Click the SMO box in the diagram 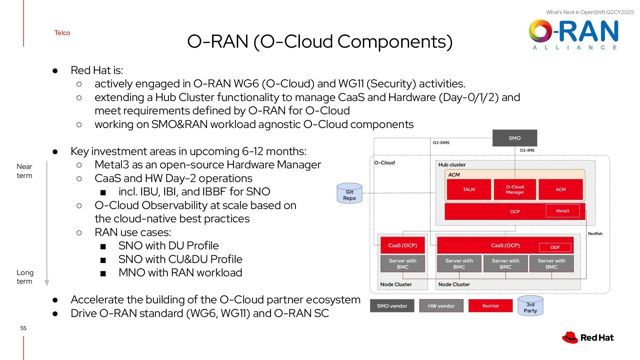tap(515, 138)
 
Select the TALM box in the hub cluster tap(469, 189)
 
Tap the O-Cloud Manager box tap(515, 189)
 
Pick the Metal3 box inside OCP tap(563, 211)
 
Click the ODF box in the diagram tap(555, 247)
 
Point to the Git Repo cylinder tap(349, 193)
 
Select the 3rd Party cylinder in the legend tap(530, 306)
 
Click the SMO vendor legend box tap(392, 306)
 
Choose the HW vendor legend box tap(441, 306)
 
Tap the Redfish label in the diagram tap(595, 234)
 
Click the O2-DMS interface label tap(441, 143)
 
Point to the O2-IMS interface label tap(527, 150)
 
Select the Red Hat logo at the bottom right tap(588, 337)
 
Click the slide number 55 tap(23, 328)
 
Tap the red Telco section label tap(62, 33)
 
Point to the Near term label tap(24, 171)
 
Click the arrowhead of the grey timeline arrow tap(47, 283)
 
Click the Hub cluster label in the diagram tap(452, 165)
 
